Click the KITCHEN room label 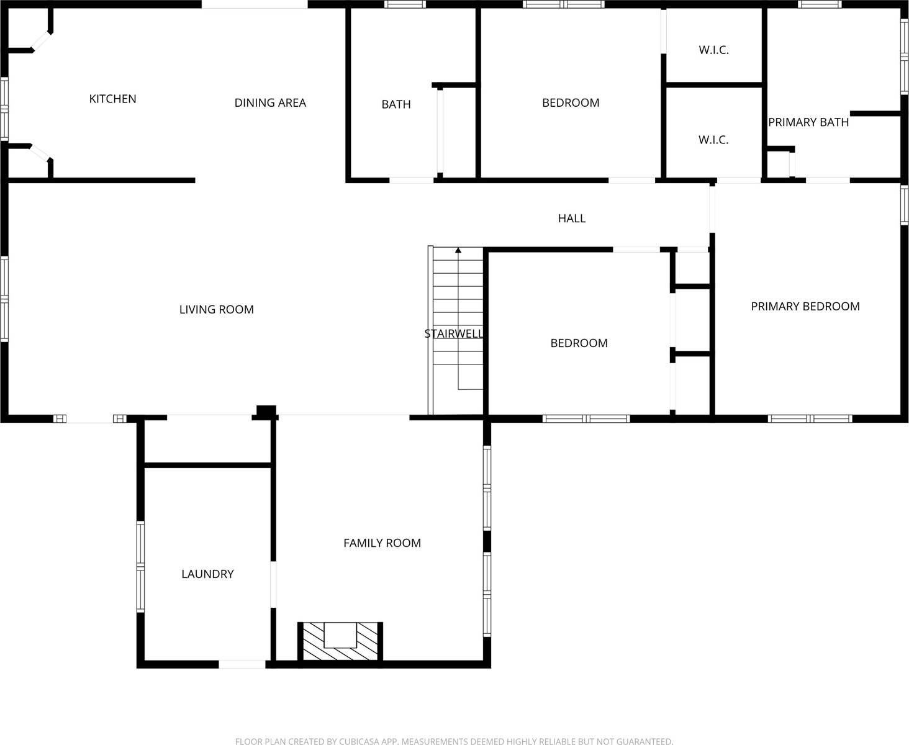(x=112, y=99)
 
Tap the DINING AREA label (x=270, y=103)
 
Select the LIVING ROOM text (x=216, y=309)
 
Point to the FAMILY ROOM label (x=382, y=543)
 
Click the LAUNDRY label (x=207, y=574)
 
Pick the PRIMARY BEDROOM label (x=805, y=306)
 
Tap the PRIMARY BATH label (x=808, y=122)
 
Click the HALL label (x=571, y=219)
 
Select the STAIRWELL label (x=453, y=334)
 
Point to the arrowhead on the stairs (x=458, y=250)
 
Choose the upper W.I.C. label (x=713, y=50)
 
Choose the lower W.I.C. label (x=713, y=140)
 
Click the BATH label (x=396, y=104)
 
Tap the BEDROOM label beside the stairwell (x=579, y=343)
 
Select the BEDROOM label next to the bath (x=571, y=103)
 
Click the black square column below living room (x=266, y=411)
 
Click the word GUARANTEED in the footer (x=643, y=741)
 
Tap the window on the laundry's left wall (x=141, y=566)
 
